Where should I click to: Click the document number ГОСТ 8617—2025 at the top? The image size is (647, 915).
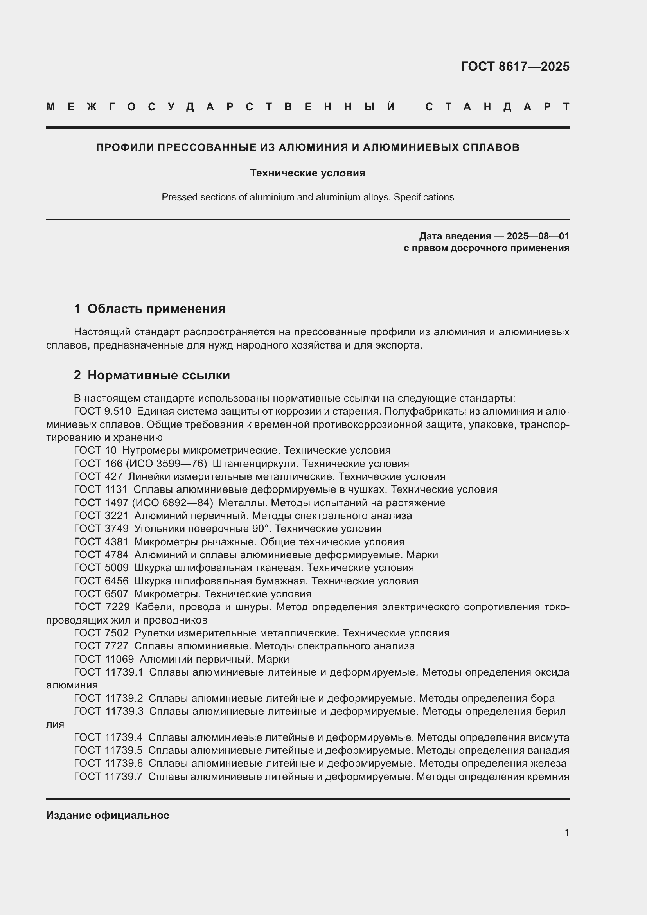coord(515,67)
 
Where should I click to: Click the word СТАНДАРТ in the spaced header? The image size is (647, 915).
coord(498,107)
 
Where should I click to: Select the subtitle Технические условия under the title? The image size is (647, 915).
coord(307,173)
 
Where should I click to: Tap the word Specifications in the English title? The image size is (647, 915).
coord(424,197)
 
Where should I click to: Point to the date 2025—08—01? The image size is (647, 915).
coord(538,236)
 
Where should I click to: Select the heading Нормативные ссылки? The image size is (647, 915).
coord(158,375)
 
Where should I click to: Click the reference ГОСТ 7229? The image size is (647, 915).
coord(102,607)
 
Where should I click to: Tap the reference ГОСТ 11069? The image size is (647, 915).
coord(104,659)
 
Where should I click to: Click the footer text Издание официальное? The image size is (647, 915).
coord(108,815)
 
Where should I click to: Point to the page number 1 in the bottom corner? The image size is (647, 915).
coord(567,832)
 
